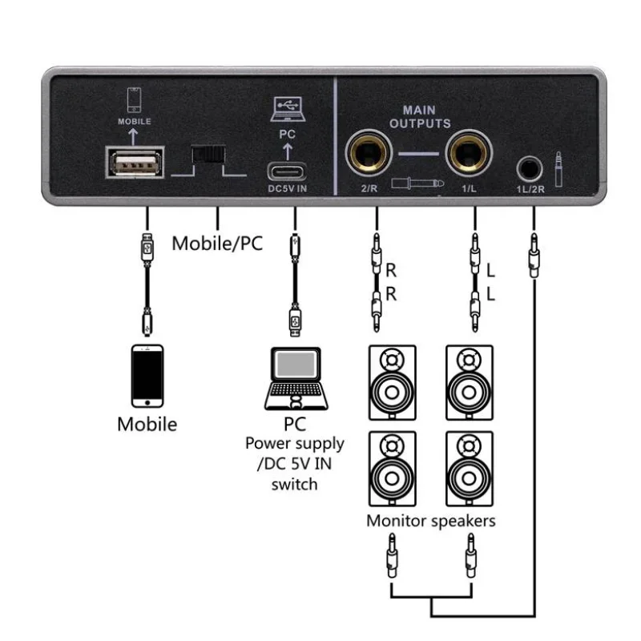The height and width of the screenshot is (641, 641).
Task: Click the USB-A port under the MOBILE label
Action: click(135, 163)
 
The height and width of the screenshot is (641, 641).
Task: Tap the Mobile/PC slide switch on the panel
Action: click(208, 154)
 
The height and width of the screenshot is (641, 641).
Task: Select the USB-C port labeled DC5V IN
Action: click(287, 171)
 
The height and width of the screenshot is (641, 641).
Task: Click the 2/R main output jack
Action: click(369, 153)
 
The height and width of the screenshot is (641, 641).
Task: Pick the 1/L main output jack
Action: click(469, 153)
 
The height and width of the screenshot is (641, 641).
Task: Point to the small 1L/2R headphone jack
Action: click(530, 168)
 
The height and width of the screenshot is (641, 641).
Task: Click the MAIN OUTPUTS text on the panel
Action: click(420, 117)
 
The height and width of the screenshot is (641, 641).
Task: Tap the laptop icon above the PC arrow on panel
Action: click(288, 109)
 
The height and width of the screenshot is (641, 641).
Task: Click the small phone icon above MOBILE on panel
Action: click(134, 99)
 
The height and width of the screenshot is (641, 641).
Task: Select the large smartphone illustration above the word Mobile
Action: click(147, 376)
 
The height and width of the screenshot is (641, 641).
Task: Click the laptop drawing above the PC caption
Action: click(296, 378)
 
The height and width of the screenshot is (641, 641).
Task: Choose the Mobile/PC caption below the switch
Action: click(217, 244)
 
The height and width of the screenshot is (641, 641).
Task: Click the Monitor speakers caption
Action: click(431, 521)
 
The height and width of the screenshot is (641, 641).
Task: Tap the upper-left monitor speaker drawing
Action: click(393, 383)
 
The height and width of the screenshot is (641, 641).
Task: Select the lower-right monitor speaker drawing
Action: click(470, 469)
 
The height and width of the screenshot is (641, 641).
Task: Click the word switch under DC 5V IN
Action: click(294, 485)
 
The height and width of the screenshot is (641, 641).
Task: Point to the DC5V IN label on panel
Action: click(288, 188)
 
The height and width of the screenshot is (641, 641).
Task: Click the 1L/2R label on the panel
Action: click(530, 189)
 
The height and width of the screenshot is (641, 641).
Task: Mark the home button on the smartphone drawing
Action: click(147, 403)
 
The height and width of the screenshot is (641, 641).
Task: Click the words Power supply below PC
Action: click(295, 445)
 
